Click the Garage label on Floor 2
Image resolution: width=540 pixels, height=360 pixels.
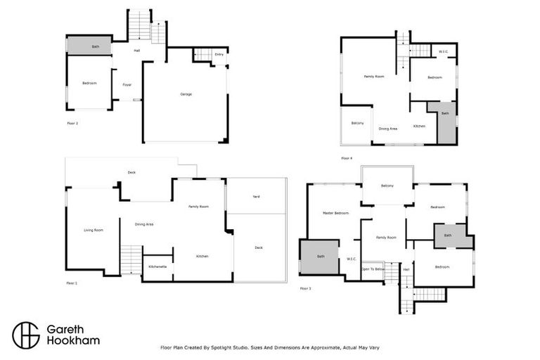pos(186,94)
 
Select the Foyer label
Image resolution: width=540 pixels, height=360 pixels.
pos(127,84)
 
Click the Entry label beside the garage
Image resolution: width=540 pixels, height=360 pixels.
pos(219,54)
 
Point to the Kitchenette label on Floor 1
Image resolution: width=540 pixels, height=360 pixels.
pos(157,266)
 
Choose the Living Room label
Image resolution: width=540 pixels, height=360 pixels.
pos(94,230)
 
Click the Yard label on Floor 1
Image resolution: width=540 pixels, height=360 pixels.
pos(256,196)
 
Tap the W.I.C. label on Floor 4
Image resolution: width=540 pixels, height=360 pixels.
pos(444,51)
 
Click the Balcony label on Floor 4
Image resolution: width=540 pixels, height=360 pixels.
pos(357,123)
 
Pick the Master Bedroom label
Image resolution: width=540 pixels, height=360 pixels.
pos(335,212)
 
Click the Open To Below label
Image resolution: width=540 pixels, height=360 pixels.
pos(373,269)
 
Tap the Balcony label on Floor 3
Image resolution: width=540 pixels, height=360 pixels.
pos(387,186)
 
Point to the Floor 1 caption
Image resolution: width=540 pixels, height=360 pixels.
pos(72,283)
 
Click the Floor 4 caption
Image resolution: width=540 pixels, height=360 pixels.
pos(347,158)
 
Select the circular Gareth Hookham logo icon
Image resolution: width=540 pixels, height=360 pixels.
pos(25,335)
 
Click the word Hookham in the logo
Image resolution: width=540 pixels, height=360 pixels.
pos(73,340)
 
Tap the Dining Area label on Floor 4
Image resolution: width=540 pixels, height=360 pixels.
pos(388,129)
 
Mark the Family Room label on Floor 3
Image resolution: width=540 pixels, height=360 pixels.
pos(386,238)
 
